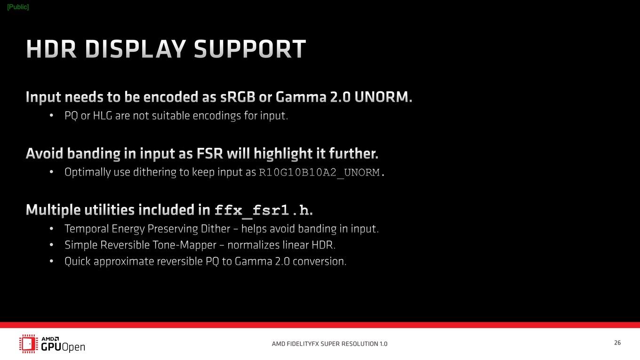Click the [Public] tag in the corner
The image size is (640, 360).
[18, 7]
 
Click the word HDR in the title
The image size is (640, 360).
[51, 49]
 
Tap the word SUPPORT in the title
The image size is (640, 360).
[250, 49]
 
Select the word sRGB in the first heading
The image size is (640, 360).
[238, 97]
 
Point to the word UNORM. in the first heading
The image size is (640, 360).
[384, 97]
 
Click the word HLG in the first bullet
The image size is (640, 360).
[103, 116]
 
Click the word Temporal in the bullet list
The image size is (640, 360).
[87, 229]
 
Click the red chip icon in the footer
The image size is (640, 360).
[29, 344]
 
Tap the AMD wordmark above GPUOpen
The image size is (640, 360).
[50, 339]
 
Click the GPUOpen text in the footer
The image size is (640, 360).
[63, 347]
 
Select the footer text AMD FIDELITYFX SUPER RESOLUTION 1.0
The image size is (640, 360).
[329, 344]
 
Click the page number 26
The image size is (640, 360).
[617, 343]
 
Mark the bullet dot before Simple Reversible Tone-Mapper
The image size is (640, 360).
[51, 245]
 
